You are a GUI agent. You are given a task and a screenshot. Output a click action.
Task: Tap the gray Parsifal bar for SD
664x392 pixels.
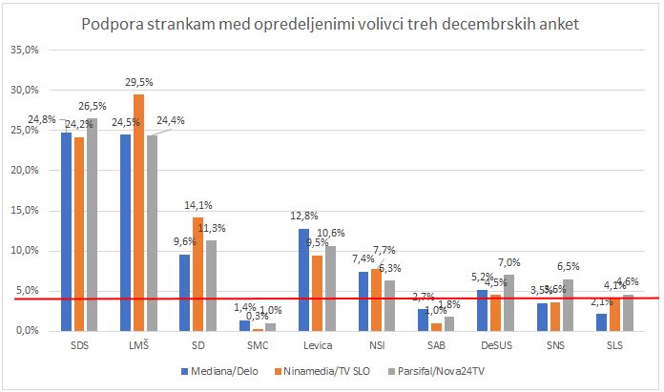point(211,285)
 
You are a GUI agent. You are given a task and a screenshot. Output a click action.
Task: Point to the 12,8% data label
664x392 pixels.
point(304,217)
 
